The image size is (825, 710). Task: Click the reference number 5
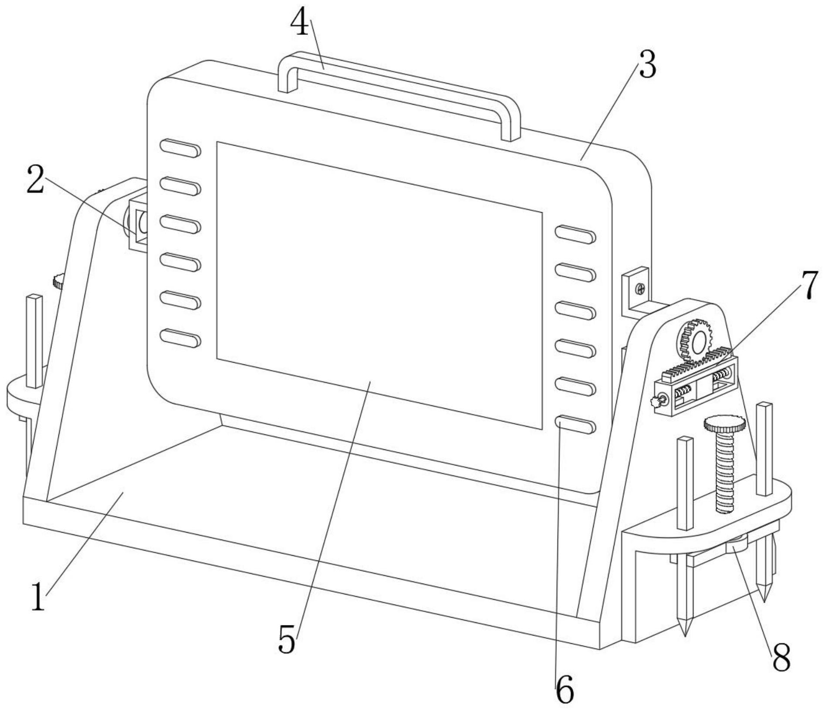(x=287, y=639)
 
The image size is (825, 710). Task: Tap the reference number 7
(x=809, y=285)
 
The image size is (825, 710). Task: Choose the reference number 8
(x=781, y=657)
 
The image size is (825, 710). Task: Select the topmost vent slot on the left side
(x=180, y=148)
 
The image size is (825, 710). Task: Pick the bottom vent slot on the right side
(x=575, y=424)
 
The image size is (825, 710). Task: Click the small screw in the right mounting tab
(x=640, y=288)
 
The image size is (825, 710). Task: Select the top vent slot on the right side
(x=575, y=234)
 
